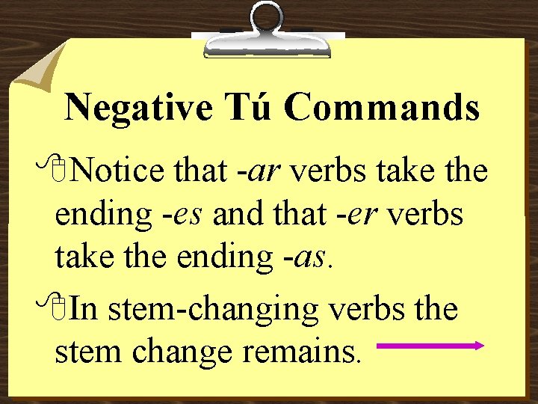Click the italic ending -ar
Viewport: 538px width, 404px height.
pos(265,172)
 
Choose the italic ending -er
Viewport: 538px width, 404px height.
pos(374,215)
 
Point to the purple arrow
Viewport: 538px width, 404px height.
pos(431,346)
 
